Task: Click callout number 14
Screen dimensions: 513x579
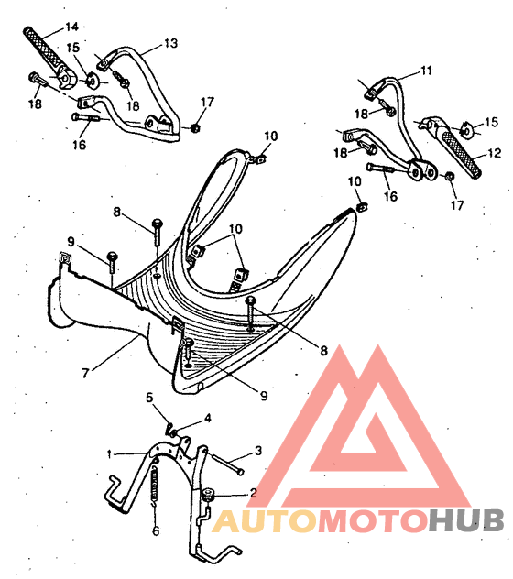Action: (x=72, y=27)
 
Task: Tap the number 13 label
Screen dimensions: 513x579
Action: (x=170, y=43)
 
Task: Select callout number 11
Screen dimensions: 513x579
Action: (x=426, y=71)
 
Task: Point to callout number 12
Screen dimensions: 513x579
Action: (x=495, y=152)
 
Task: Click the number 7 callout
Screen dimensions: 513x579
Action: (x=85, y=373)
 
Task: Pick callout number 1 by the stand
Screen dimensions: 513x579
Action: (x=109, y=454)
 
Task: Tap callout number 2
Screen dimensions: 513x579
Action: (x=253, y=493)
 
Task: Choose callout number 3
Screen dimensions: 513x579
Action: (x=258, y=451)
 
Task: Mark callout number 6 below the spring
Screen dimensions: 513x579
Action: (x=156, y=531)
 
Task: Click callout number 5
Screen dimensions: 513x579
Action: (x=149, y=398)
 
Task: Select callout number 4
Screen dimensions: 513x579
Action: (x=208, y=418)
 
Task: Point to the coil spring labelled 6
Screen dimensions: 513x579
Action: (x=156, y=485)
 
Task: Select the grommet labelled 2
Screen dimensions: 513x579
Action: (x=210, y=494)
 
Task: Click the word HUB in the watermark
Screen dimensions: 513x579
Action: (x=466, y=520)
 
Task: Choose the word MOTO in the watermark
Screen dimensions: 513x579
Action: (x=373, y=520)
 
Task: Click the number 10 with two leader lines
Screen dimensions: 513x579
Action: (x=235, y=229)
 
